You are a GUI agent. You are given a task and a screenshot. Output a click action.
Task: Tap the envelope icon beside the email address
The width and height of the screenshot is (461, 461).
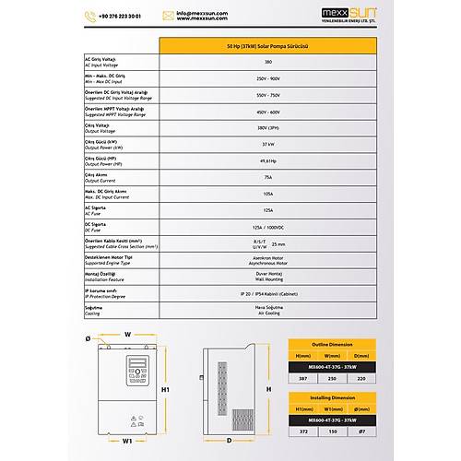pyautogui.click(x=169, y=16)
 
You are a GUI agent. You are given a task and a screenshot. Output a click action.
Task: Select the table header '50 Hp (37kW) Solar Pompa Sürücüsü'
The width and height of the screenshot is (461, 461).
pyautogui.click(x=267, y=45)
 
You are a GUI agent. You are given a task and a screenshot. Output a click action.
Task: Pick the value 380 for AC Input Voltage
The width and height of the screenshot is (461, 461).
pyautogui.click(x=267, y=62)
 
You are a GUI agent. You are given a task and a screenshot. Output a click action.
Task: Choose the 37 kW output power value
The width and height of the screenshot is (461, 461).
pyautogui.click(x=267, y=144)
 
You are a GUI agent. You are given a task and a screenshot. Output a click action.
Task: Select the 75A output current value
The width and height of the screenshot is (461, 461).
pyautogui.click(x=267, y=177)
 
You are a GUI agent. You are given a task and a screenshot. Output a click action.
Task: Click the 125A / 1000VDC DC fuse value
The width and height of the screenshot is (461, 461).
pyautogui.click(x=267, y=227)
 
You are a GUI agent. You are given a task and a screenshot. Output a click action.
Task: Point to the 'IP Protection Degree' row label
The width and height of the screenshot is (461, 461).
pyautogui.click(x=105, y=297)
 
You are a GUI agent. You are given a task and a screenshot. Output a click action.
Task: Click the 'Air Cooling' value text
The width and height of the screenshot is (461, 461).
pyautogui.click(x=267, y=313)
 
